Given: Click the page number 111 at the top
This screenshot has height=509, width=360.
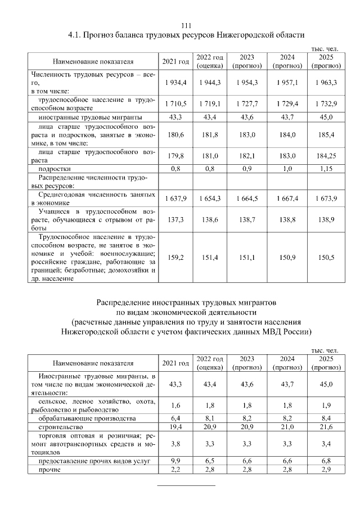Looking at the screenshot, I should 186,25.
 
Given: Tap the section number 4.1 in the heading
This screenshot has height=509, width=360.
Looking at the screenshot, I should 74,35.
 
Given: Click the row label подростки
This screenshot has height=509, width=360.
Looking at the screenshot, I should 55,169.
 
